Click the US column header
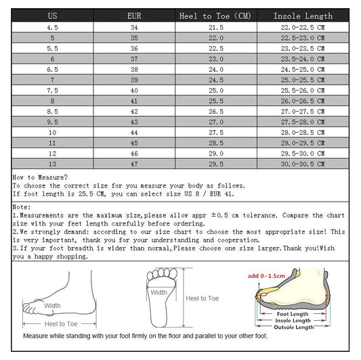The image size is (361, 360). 51,15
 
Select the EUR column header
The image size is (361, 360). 134,15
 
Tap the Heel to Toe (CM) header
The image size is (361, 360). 215,15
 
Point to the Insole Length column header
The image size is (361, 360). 303,15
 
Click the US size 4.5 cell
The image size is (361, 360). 51,27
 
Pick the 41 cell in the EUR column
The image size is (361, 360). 134,100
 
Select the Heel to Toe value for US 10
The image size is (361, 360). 215,133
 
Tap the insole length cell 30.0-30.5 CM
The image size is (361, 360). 303,164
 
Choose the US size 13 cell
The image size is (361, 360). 51,164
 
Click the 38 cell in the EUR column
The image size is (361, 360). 134,69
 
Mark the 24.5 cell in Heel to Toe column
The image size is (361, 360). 215,79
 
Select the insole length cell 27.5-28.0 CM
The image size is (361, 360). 303,122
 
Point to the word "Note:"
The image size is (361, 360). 22,206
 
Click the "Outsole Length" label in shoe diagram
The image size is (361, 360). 294,327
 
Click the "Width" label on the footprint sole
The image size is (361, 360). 158,293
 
